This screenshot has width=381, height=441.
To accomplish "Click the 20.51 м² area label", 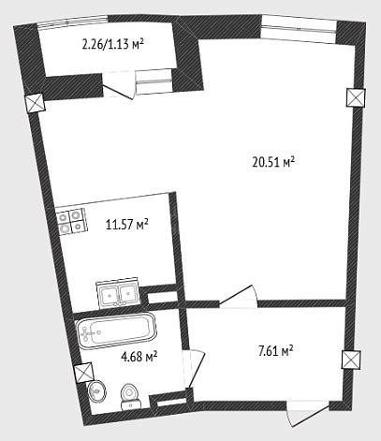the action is [x=273, y=162].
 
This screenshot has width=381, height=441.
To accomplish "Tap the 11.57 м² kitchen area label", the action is [x=126, y=225].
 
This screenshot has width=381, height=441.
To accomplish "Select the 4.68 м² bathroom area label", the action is [x=139, y=356].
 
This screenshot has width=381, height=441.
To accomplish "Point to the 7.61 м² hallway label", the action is [x=275, y=351].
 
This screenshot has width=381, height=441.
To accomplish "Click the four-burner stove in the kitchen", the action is [x=71, y=221].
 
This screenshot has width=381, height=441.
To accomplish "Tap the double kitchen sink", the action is [x=118, y=293].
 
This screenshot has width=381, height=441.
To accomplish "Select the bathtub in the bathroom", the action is [x=116, y=330].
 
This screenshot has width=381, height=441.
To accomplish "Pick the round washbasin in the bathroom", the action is [x=96, y=390].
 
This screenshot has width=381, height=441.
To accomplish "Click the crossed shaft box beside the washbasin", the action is [x=84, y=373].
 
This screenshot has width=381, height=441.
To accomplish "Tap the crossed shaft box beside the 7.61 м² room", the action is [x=352, y=360].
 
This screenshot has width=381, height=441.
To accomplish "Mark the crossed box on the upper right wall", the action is [x=356, y=97].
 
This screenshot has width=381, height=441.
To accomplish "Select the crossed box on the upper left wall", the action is [x=35, y=103].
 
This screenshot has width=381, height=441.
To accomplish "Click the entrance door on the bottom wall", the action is [x=307, y=413].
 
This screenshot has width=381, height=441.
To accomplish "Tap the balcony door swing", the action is [x=120, y=85].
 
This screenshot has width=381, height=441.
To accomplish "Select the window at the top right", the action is [x=299, y=27].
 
